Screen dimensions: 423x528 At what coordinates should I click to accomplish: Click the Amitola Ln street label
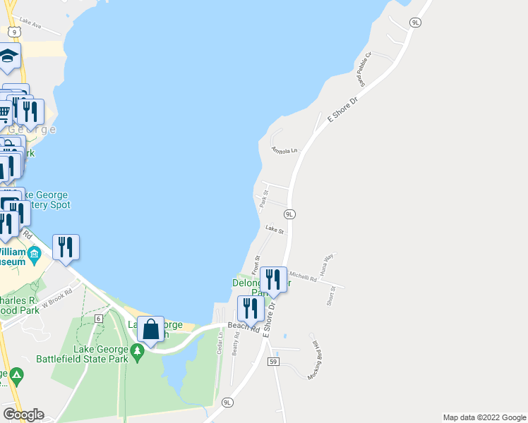point(285,150)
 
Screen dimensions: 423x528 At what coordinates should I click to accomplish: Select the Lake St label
point(275,229)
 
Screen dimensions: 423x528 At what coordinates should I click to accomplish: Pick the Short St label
point(331,295)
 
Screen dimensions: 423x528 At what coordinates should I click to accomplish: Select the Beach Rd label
point(244,327)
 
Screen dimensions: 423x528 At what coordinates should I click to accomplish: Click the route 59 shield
point(274,362)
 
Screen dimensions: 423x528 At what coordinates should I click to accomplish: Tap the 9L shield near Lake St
point(289,213)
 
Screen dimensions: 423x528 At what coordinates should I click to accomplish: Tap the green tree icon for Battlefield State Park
point(140,350)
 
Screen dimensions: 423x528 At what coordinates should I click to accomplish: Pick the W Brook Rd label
point(57,300)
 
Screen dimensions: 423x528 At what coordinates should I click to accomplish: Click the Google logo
point(23,415)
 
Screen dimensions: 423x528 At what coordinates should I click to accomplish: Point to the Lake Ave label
point(31,27)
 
